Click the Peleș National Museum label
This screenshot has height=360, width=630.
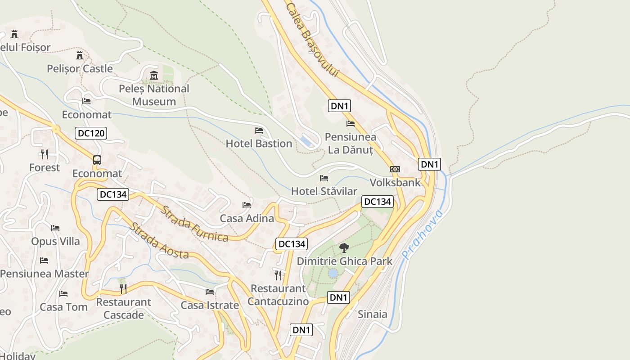click(x=154, y=95)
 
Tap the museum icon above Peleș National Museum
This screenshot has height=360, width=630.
click(x=154, y=75)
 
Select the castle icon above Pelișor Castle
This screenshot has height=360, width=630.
click(x=80, y=55)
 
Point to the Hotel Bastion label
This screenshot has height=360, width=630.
click(x=259, y=144)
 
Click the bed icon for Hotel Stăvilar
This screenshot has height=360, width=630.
click(x=324, y=178)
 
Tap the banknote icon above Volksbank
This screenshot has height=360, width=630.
click(x=395, y=169)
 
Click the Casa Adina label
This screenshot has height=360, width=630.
click(x=247, y=218)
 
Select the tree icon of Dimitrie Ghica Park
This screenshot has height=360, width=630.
click(x=344, y=247)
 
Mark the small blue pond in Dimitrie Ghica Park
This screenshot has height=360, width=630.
click(x=333, y=273)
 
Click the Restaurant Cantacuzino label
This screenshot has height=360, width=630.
click(x=278, y=295)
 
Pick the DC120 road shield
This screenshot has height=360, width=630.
click(x=90, y=133)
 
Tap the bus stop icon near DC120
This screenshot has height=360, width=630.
click(x=97, y=160)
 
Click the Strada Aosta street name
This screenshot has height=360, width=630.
click(x=159, y=241)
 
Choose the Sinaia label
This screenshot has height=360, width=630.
click(x=372, y=314)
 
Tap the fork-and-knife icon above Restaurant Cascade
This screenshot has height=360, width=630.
click(x=123, y=288)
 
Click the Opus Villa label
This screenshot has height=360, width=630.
click(x=55, y=241)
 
